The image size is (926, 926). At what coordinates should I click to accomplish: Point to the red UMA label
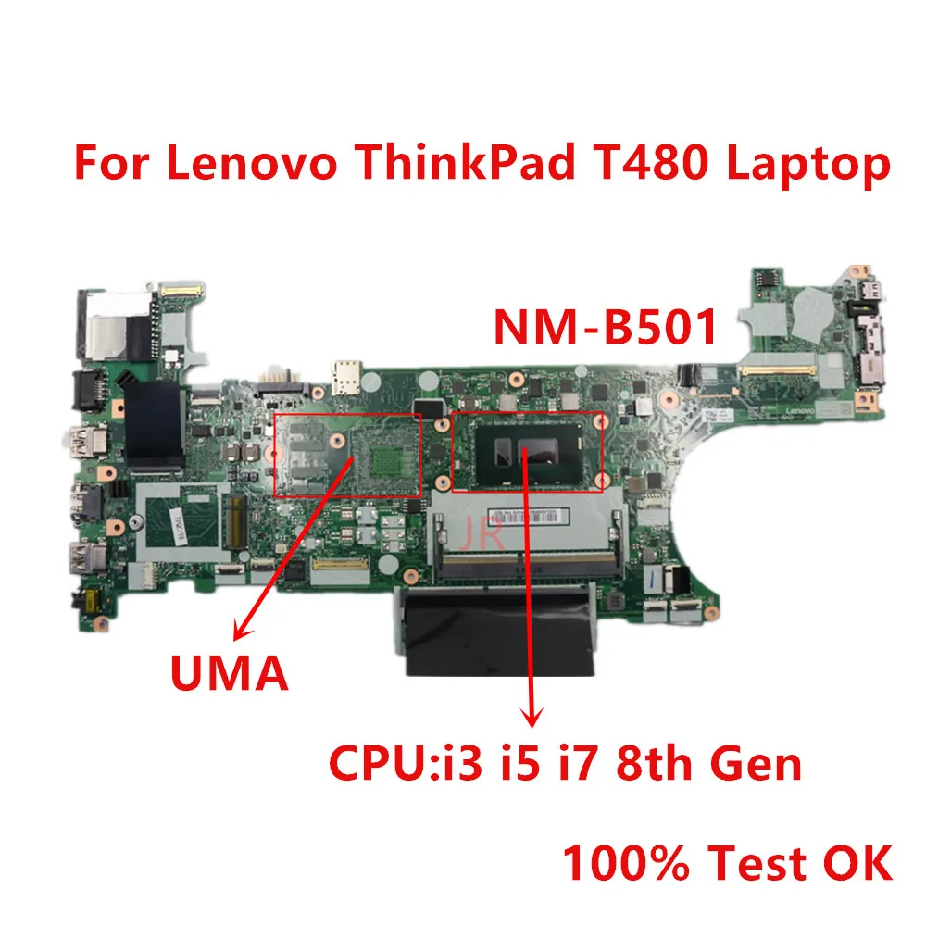tap(229, 672)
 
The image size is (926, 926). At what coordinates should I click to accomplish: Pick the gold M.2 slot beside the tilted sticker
tap(236, 519)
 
